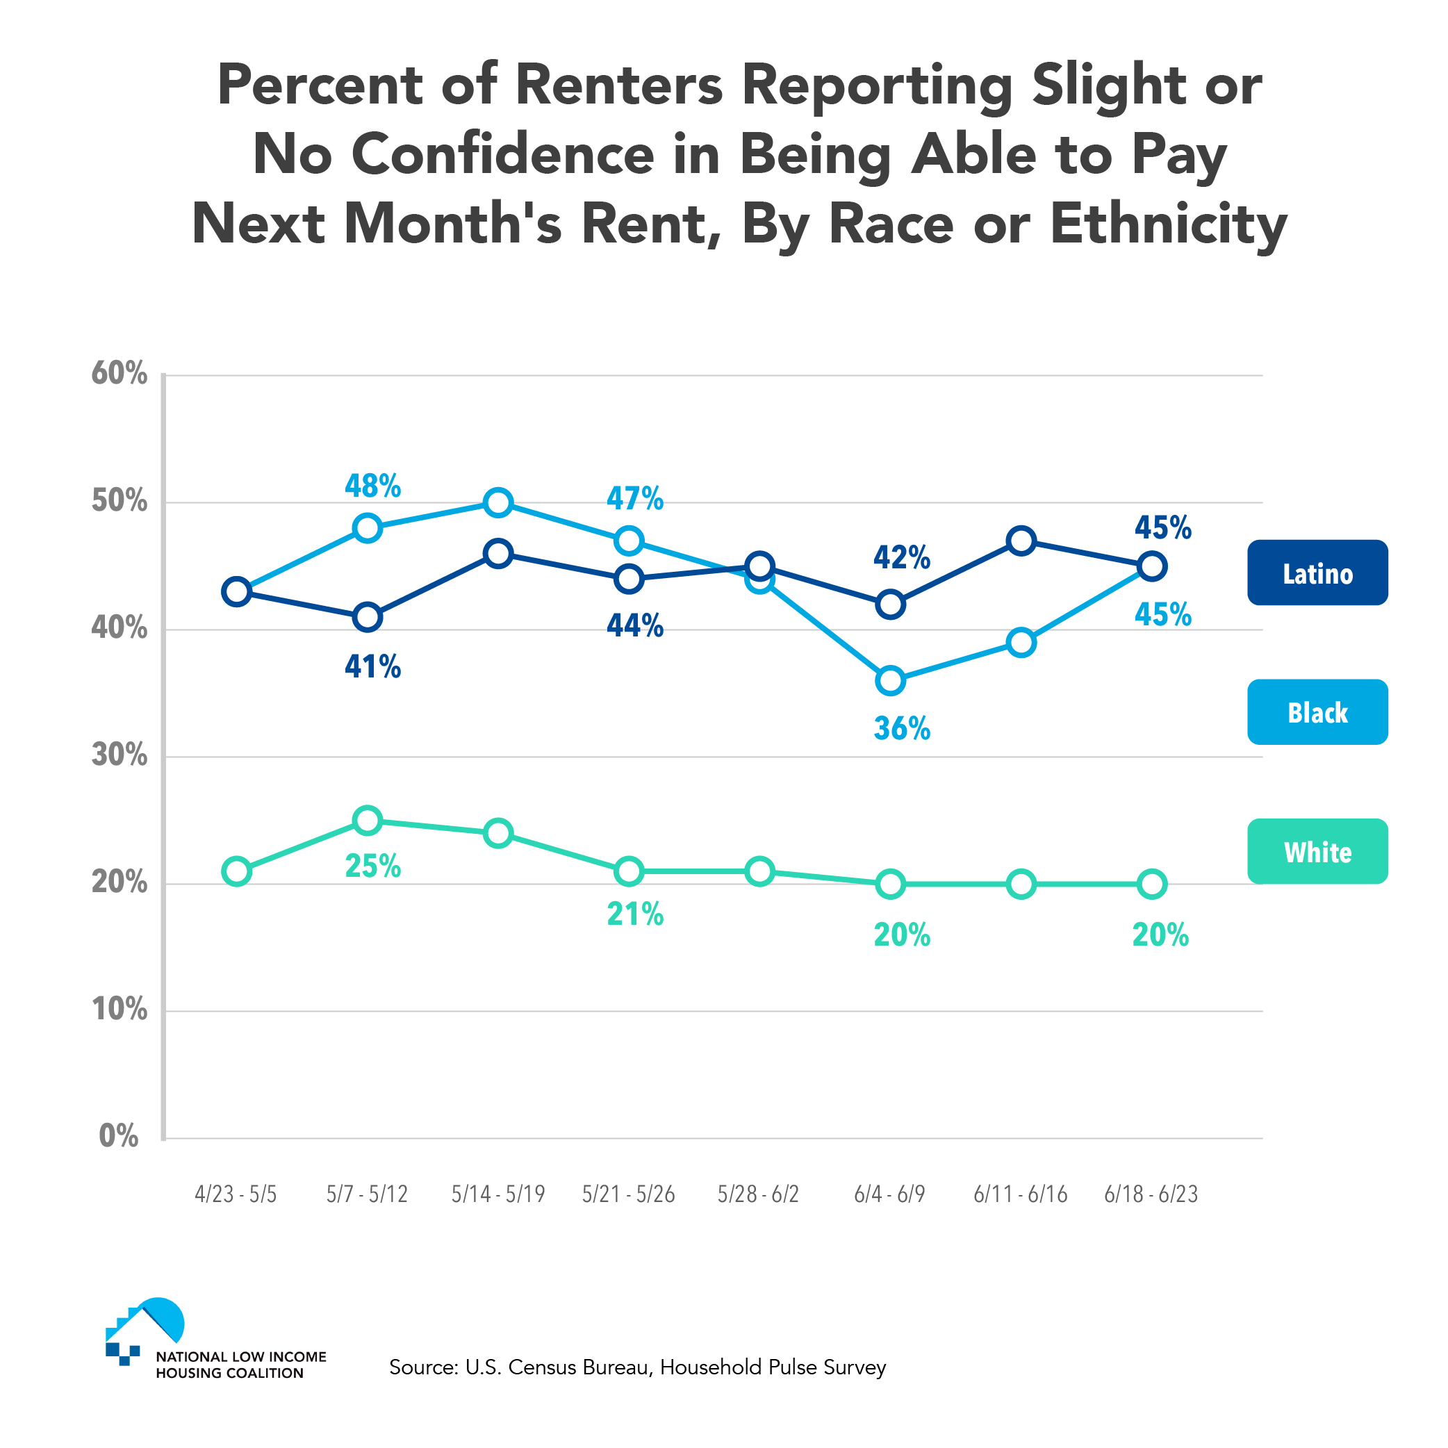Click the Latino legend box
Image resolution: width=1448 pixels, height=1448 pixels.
point(1317,573)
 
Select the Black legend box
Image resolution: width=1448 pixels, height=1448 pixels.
point(1317,712)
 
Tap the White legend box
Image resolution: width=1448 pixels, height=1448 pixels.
point(1317,851)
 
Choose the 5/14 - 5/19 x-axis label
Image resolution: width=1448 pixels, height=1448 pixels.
point(497,1194)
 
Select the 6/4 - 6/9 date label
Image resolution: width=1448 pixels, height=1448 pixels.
point(889,1194)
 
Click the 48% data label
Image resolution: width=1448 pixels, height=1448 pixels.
point(372,486)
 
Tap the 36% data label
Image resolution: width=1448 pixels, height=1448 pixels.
point(902,728)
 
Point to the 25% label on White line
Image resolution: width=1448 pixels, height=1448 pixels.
point(372,866)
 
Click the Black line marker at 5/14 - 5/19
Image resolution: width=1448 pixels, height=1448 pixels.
point(498,502)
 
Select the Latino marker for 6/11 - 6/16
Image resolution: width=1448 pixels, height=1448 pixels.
point(1021,541)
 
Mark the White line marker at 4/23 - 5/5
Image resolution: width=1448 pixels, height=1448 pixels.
point(237,871)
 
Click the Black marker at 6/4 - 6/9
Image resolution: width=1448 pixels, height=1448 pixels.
point(890,680)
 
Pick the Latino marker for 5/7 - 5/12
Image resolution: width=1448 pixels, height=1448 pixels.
point(368,617)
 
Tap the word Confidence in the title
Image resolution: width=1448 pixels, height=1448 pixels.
point(502,155)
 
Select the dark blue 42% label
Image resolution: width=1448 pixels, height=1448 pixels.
point(902,558)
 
